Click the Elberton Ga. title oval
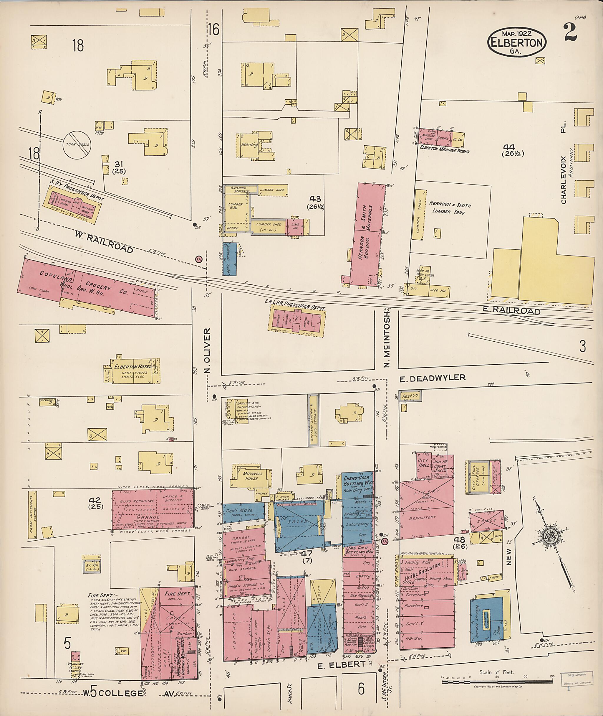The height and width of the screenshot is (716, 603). tap(517, 42)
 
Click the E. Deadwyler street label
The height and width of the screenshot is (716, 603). tap(433, 378)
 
